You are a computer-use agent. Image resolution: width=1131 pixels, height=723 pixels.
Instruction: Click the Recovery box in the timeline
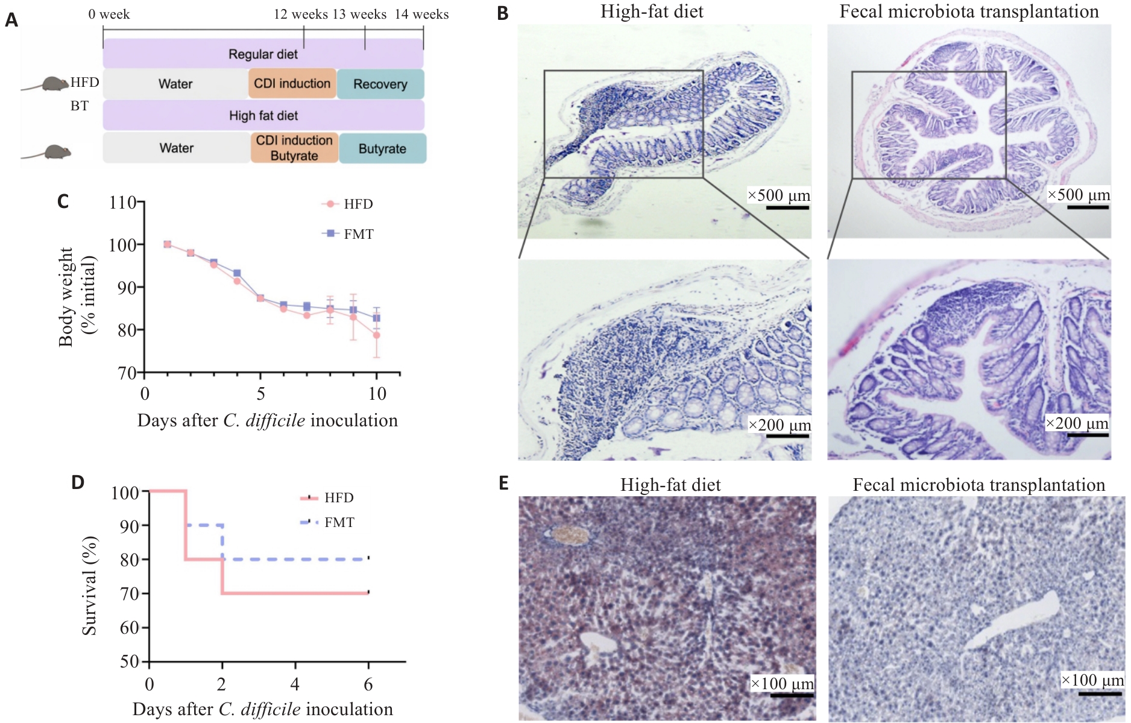tap(380, 84)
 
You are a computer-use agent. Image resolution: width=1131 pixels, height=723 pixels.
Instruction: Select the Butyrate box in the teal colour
tap(383, 148)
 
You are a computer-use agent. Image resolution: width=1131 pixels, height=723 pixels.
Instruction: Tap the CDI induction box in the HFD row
tap(292, 84)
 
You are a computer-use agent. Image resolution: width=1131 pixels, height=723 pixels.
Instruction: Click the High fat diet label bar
tap(263, 115)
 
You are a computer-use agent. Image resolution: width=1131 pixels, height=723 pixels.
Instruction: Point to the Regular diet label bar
tap(263, 54)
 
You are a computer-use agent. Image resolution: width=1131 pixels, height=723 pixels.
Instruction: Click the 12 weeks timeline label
tap(301, 14)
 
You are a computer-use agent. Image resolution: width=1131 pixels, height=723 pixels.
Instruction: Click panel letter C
tap(63, 201)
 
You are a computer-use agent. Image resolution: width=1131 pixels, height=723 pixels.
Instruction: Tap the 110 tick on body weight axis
tap(122, 203)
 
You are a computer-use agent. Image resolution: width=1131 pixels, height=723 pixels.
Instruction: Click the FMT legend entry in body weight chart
tap(348, 234)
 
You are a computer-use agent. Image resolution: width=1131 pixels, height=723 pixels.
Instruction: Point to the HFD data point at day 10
tap(376, 335)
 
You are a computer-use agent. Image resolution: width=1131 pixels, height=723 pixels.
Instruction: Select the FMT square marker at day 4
tap(237, 273)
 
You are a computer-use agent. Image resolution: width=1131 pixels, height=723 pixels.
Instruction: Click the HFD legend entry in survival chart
tap(327, 498)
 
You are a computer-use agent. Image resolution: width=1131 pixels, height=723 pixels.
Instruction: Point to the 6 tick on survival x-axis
tap(368, 684)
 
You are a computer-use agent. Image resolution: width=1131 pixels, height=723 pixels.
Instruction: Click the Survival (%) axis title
tap(89, 586)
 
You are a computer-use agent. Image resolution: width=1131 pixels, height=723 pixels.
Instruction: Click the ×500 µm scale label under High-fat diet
tap(779, 195)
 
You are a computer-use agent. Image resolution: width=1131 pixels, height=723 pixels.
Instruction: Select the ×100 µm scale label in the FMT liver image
tap(1093, 680)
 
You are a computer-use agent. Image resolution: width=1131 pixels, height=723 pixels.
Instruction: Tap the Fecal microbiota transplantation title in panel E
tap(979, 485)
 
